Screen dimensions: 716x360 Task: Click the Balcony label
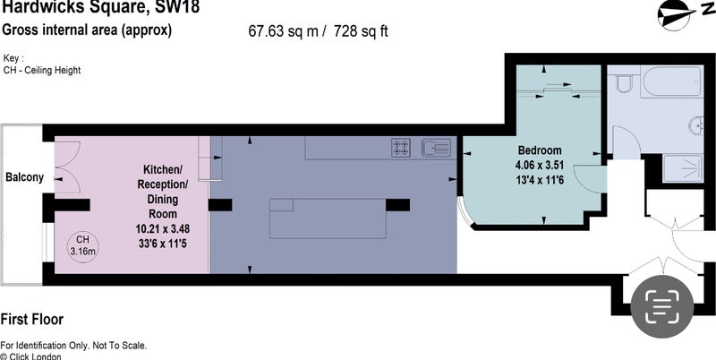coord(25,177)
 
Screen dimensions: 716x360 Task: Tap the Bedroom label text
coord(540,150)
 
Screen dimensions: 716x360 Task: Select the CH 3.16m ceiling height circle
coord(82,245)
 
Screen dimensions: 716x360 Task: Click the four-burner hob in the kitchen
coord(401,148)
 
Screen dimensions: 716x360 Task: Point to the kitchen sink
coord(437,148)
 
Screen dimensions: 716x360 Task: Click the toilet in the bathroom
coord(623,83)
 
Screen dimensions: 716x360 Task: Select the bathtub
coord(670,81)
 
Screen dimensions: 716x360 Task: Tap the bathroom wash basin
coord(696,124)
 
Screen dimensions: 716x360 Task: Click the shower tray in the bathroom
coord(683,168)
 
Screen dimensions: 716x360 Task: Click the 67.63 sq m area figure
coord(283,31)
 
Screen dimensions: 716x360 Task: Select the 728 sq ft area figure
coord(361,31)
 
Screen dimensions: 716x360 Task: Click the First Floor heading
coord(32,320)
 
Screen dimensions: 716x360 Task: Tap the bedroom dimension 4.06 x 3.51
coord(540,165)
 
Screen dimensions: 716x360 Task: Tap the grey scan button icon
coord(661,306)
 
